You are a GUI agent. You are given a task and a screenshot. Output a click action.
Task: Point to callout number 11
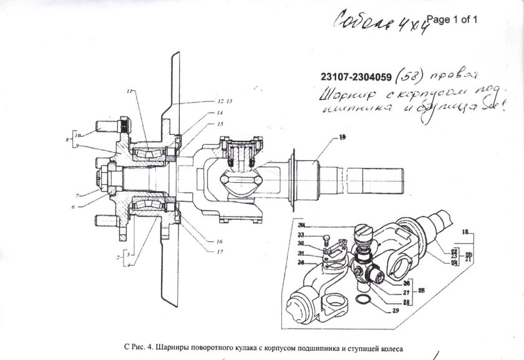130,92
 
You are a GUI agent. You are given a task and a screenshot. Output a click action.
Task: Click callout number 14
220,113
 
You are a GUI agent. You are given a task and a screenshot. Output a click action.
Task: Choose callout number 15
220,125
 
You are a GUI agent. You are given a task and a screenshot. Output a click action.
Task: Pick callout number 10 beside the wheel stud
77,135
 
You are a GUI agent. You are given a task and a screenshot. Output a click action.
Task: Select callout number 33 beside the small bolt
301,235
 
